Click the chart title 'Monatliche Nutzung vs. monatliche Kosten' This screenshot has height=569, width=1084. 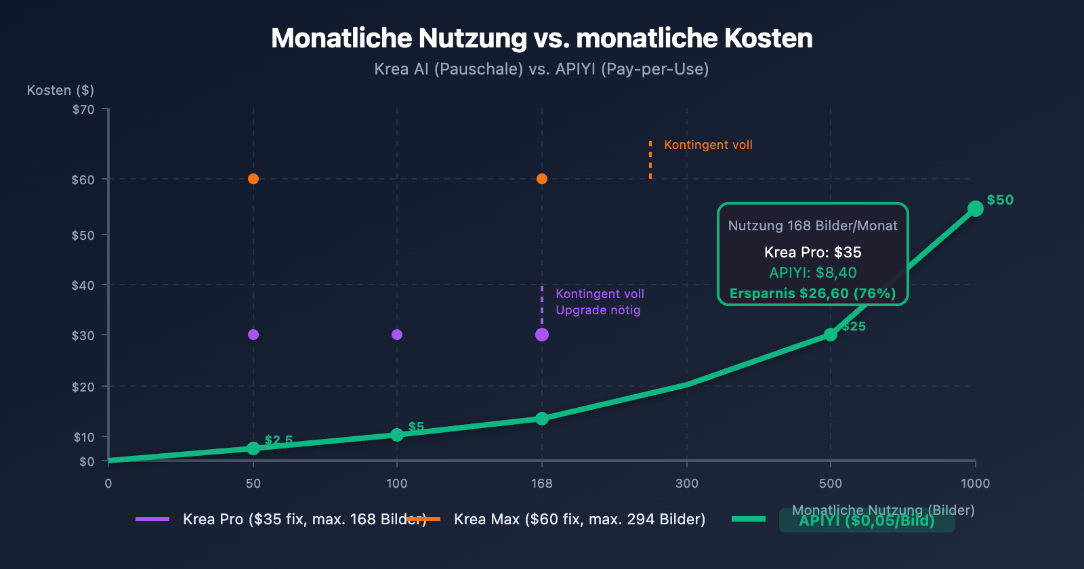click(541, 39)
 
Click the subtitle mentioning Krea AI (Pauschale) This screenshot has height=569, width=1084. click(541, 69)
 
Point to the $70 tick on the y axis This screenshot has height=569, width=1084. click(83, 109)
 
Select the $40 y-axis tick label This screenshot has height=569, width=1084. click(83, 285)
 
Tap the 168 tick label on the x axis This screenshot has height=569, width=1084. click(541, 483)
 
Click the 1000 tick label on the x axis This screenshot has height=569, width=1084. click(975, 483)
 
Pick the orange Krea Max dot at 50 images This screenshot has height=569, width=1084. click(253, 179)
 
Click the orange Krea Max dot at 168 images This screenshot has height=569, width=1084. click(542, 179)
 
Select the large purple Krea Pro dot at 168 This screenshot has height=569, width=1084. click(542, 335)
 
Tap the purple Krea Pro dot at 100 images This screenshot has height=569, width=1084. click(397, 335)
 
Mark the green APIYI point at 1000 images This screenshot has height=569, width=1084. click(976, 209)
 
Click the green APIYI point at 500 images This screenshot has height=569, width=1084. click(831, 335)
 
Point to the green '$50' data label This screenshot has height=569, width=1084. click(1000, 200)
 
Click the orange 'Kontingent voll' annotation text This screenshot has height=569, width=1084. click(708, 145)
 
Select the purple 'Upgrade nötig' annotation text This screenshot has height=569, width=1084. click(598, 310)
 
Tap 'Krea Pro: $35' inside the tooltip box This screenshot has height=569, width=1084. click(812, 252)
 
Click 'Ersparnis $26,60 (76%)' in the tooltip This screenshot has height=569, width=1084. click(812, 293)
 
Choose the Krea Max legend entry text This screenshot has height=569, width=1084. click(579, 519)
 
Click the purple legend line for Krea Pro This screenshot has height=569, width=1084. click(152, 519)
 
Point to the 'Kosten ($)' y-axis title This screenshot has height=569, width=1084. click(60, 90)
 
